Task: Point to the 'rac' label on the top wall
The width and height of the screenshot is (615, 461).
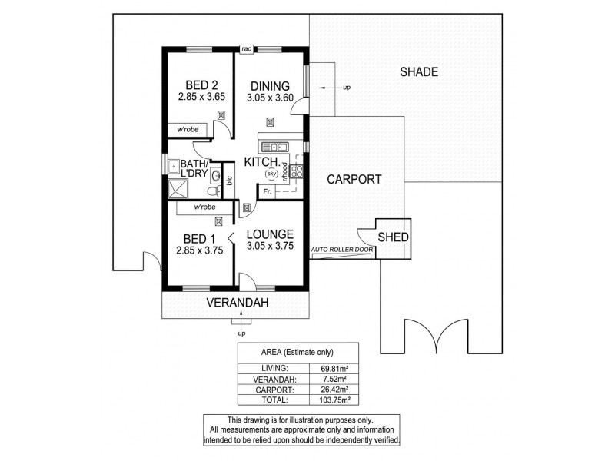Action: click(x=246, y=49)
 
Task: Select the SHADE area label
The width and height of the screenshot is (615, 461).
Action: click(x=419, y=72)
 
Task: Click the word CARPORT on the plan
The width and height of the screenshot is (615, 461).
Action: click(x=354, y=180)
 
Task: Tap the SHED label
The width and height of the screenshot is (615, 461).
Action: click(x=393, y=237)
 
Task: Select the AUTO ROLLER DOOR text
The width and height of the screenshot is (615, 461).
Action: click(x=342, y=250)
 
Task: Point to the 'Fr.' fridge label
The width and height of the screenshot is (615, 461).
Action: click(x=266, y=190)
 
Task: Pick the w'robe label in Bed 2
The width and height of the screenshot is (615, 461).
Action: click(x=188, y=129)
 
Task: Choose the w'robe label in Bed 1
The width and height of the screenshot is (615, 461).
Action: click(x=204, y=207)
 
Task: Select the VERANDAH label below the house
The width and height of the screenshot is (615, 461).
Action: click(x=237, y=303)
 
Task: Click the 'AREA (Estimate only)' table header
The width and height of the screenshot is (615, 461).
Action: click(x=284, y=353)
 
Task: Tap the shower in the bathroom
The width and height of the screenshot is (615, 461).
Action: click(x=178, y=189)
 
